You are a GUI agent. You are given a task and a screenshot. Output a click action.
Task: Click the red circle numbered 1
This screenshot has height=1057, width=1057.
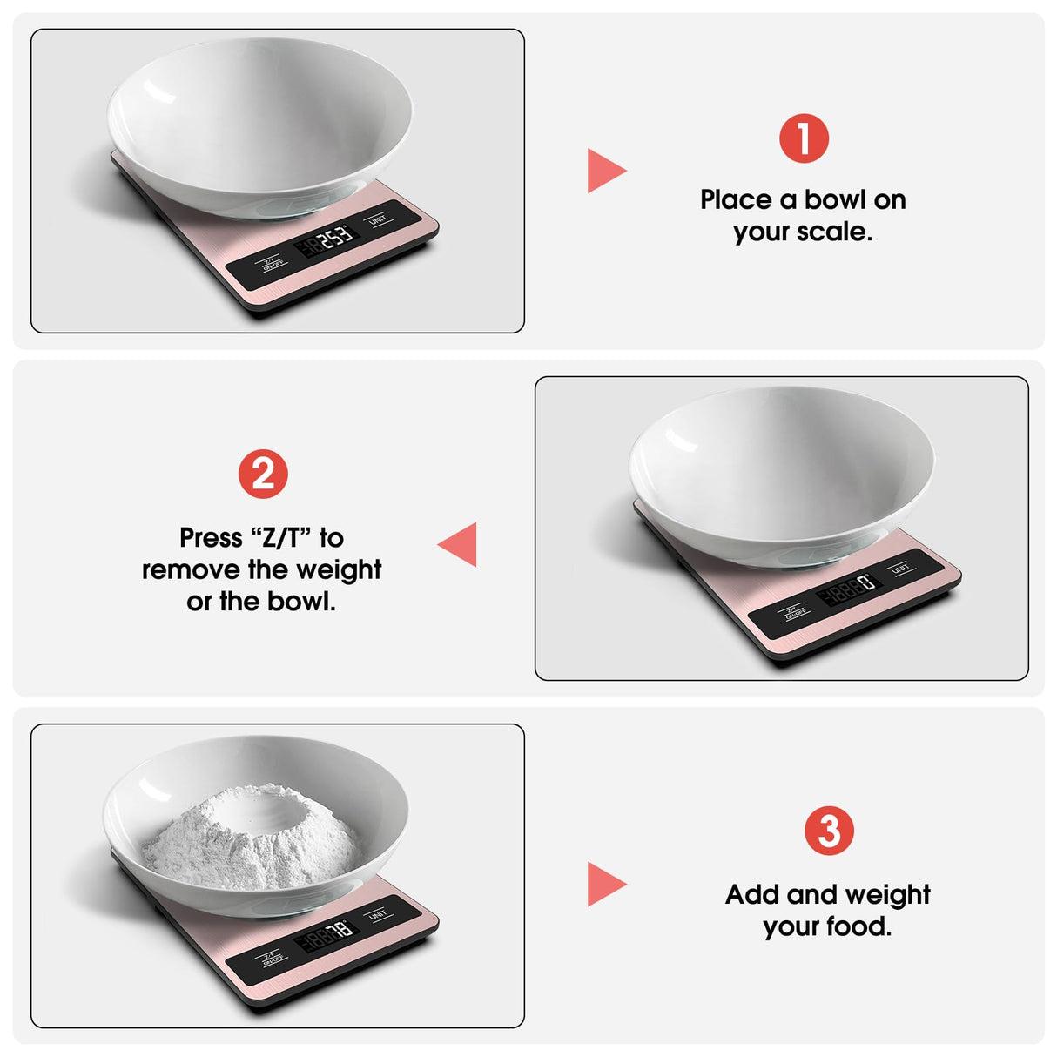point(804,138)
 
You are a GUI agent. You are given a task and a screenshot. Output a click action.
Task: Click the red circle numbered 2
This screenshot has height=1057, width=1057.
point(263,475)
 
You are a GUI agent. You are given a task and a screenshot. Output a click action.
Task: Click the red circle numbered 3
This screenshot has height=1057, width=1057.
point(829,831)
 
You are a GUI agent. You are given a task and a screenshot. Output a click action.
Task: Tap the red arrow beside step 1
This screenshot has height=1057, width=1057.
point(605,171)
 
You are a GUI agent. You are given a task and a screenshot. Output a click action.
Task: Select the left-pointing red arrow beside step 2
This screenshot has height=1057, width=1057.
point(459,544)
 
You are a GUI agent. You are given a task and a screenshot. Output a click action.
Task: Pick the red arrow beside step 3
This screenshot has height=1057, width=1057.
point(605,884)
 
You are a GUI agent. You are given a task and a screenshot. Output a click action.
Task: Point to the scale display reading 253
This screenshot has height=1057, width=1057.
point(327,240)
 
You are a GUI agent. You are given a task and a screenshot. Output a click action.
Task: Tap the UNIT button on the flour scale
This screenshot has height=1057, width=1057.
point(377,915)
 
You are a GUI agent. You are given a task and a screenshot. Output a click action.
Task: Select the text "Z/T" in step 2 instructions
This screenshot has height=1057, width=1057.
point(281,538)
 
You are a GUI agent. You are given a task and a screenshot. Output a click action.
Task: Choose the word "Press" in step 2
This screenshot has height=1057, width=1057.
point(211,538)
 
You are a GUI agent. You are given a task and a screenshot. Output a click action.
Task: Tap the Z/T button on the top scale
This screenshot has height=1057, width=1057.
point(271,263)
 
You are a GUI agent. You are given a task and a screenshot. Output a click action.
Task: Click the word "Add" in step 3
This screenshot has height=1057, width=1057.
point(752,895)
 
